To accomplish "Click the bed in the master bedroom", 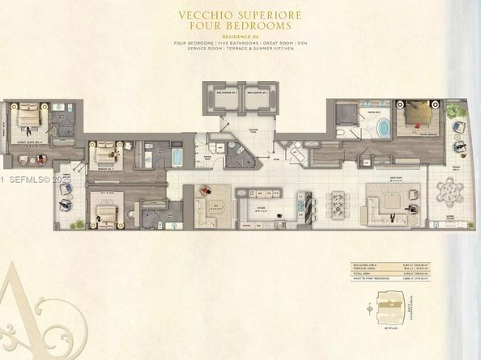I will click(419, 114).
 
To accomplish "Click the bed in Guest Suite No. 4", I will click(29, 116).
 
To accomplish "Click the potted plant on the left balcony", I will click(79, 222).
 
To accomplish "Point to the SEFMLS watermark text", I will click(26, 178).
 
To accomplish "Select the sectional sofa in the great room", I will click(387, 204).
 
